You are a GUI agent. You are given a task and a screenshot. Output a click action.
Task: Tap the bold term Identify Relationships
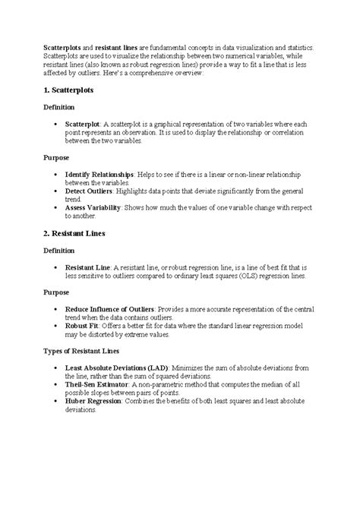point(99,174)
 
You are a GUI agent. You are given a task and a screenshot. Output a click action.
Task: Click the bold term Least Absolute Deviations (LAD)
point(116,368)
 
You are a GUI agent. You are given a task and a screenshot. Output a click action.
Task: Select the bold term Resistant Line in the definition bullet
point(89,267)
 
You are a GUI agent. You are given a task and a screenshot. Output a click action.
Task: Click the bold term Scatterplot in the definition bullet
point(84,124)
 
